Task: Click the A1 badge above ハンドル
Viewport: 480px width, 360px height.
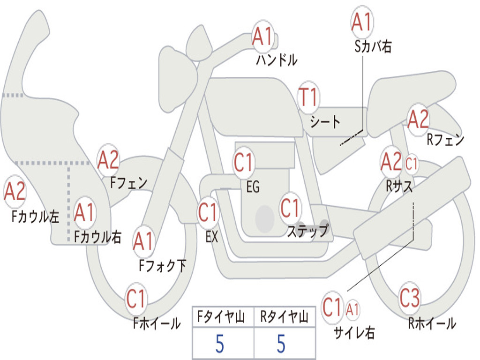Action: click(263, 37)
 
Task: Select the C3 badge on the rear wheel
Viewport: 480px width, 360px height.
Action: click(410, 297)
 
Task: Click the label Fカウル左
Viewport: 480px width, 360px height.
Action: click(36, 216)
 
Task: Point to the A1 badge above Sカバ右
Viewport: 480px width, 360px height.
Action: click(361, 22)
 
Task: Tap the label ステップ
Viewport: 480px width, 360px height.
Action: click(307, 231)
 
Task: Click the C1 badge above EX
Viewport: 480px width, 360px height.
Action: click(208, 212)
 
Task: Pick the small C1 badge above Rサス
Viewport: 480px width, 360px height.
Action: click(411, 164)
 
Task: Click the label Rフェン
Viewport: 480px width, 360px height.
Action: click(445, 140)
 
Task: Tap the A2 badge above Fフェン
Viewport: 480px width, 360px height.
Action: click(108, 160)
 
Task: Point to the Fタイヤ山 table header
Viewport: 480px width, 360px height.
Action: click(222, 318)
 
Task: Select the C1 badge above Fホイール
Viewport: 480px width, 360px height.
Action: click(136, 299)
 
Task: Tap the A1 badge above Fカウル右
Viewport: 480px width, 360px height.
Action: click(84, 213)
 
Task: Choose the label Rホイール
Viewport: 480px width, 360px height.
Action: click(432, 323)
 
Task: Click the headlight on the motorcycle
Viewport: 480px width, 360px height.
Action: click(176, 76)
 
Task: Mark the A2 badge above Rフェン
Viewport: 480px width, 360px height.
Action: click(418, 119)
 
